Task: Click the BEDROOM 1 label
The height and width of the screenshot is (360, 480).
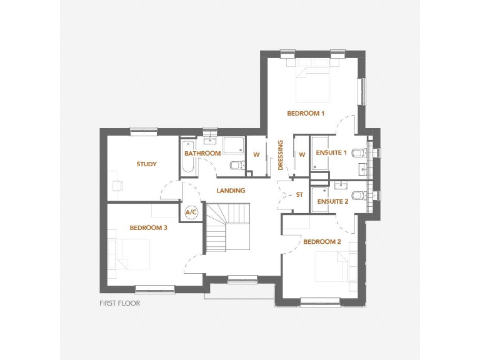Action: pyautogui.click(x=306, y=114)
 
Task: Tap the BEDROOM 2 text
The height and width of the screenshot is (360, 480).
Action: pyautogui.click(x=322, y=242)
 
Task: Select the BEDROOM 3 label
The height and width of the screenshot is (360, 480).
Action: pyautogui.click(x=148, y=228)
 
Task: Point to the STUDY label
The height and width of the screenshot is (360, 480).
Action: pyautogui.click(x=146, y=164)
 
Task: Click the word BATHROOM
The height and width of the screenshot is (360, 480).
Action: pyautogui.click(x=202, y=154)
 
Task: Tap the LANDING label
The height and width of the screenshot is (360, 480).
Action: pyautogui.click(x=231, y=191)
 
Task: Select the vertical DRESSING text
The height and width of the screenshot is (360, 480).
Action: pyautogui.click(x=281, y=156)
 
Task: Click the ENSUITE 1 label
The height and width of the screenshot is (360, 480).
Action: pyautogui.click(x=331, y=153)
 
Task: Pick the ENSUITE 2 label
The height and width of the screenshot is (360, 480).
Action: pyautogui.click(x=332, y=202)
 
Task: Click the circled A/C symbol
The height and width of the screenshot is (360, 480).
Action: pyautogui.click(x=191, y=212)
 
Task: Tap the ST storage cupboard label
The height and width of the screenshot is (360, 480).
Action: pyautogui.click(x=299, y=195)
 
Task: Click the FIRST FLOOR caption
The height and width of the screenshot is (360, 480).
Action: pyautogui.click(x=119, y=304)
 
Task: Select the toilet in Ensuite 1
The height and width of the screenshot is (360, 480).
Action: pyautogui.click(x=357, y=153)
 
